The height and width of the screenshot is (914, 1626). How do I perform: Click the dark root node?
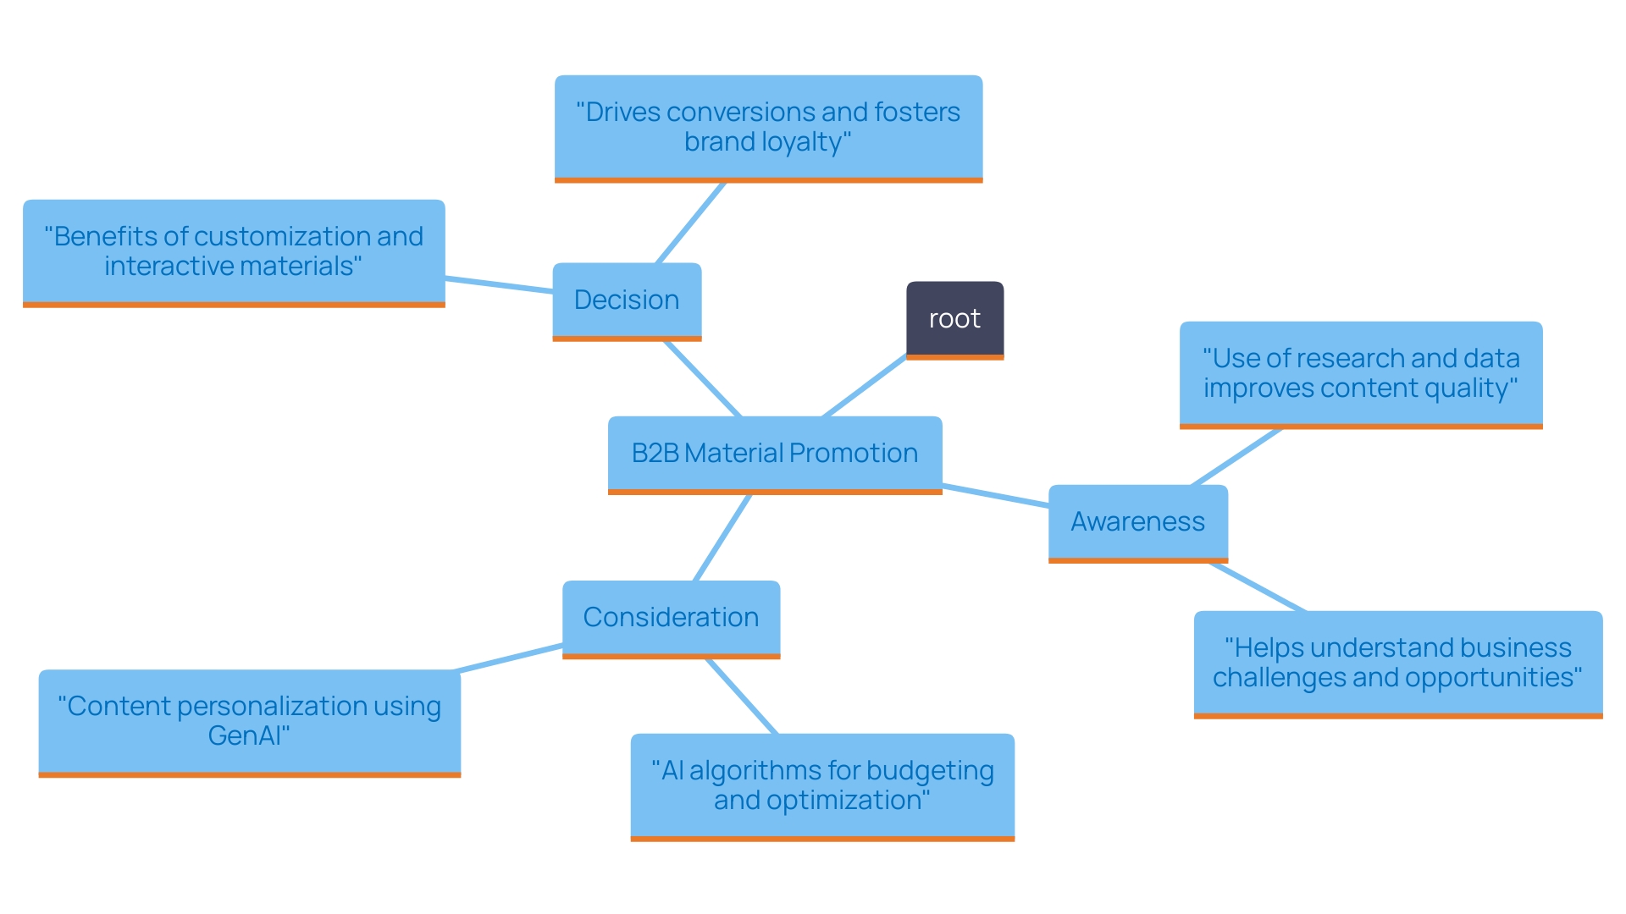click(954, 319)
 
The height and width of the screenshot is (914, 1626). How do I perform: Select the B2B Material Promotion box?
click(774, 454)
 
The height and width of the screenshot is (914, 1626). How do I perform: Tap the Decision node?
click(627, 300)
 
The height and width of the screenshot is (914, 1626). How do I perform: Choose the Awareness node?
click(1137, 522)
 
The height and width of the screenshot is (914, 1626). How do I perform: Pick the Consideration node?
click(671, 618)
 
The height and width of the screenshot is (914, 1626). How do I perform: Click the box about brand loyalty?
click(768, 127)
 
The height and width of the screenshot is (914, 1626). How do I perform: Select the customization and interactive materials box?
click(234, 251)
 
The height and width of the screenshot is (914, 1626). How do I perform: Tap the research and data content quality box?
click(1361, 373)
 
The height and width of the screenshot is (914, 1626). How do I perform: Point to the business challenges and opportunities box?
click(1397, 663)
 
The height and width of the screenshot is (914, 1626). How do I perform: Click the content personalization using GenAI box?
click(249, 721)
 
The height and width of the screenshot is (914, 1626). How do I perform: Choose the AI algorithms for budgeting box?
click(821, 785)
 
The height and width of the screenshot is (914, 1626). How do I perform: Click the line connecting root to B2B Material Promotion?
click(864, 387)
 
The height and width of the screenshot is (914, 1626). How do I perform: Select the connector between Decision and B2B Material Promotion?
click(703, 378)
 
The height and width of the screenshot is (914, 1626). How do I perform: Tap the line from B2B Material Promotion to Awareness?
click(995, 495)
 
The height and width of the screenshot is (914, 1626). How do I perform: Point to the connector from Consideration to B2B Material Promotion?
click(722, 537)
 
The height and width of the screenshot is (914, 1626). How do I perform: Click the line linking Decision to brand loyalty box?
click(691, 223)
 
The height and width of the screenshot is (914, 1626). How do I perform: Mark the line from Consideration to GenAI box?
click(508, 658)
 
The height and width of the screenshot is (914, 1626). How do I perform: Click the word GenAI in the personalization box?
click(248, 736)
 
